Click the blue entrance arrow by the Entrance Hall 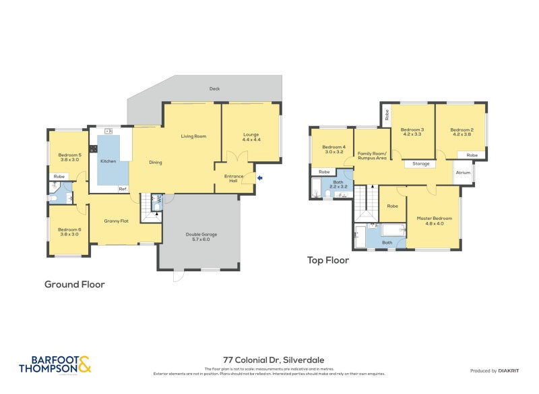coord(261,178)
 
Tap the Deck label coord(214,88)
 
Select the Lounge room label coord(251,137)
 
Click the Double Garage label coord(202,237)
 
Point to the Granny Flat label coord(116,221)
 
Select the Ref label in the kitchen coord(123,189)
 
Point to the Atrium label coord(463,173)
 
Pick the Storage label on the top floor coord(420,164)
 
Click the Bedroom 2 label coord(462,132)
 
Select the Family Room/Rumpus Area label coord(371,156)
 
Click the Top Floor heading coord(327,260)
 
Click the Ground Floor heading coord(74,284)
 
